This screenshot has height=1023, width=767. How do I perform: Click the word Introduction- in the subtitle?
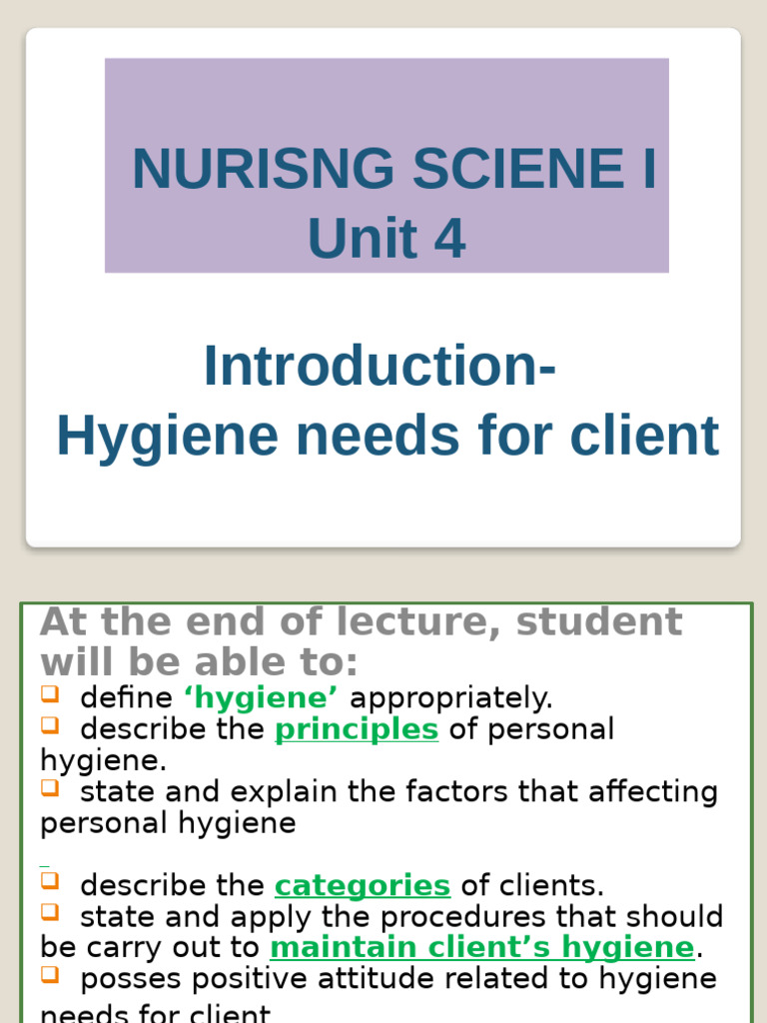point(381,366)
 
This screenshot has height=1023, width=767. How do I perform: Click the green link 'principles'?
point(357,729)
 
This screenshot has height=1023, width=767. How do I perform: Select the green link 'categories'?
point(363,885)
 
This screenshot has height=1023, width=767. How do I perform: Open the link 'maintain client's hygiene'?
point(481,947)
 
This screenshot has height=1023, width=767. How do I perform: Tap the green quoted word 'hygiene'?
point(261,697)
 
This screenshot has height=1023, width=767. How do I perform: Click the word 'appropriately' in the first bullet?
point(450,697)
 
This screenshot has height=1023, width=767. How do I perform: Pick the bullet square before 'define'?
point(50,693)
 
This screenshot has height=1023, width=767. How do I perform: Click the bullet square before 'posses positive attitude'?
point(50,975)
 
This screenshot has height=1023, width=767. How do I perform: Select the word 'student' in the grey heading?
point(599,621)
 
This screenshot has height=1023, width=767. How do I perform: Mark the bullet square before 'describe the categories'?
point(50,881)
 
